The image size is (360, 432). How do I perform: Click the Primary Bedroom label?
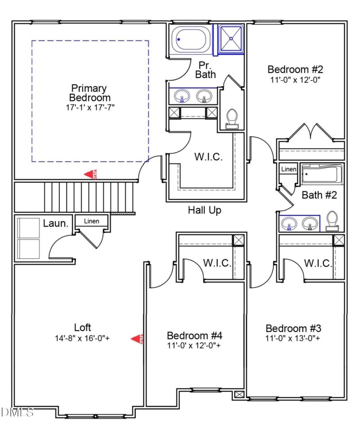pos(89,93)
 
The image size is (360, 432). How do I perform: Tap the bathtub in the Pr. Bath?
pos(192,40)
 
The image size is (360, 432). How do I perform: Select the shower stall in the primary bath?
pos(231,39)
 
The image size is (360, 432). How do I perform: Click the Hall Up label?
pos(205,210)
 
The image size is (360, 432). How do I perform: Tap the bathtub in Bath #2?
pos(322,174)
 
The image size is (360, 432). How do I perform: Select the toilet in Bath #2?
pos(333,220)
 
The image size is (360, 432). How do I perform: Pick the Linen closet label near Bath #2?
pos(288,169)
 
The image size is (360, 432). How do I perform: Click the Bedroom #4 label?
pos(194,336)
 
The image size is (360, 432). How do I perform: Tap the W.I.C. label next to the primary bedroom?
pos(208,157)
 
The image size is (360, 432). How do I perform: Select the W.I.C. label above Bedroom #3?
pos(318,263)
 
